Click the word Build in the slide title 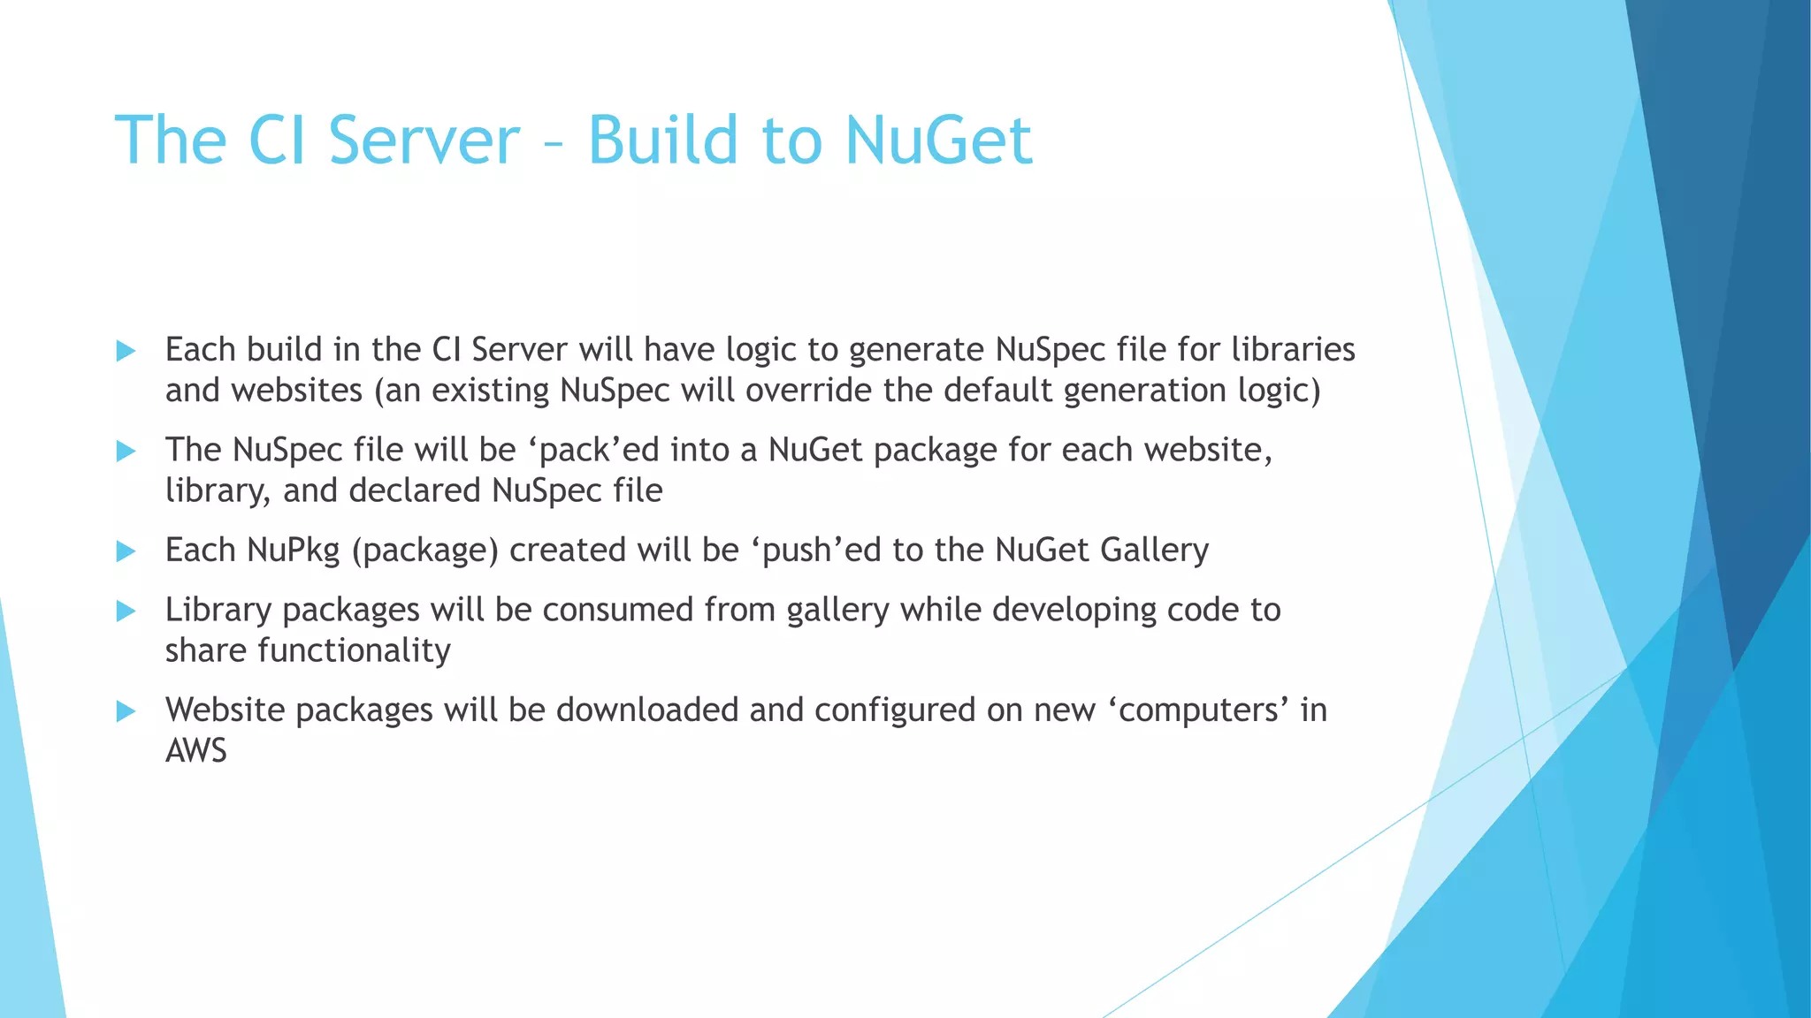(x=663, y=140)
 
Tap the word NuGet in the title (x=938, y=140)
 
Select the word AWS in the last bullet (x=196, y=751)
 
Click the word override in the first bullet (x=807, y=391)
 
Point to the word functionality (x=354, y=651)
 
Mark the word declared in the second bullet (x=415, y=490)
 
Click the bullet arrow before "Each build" (x=126, y=351)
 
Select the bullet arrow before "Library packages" (x=126, y=611)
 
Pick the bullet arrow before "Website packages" (x=126, y=711)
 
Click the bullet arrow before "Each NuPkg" (x=126, y=551)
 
